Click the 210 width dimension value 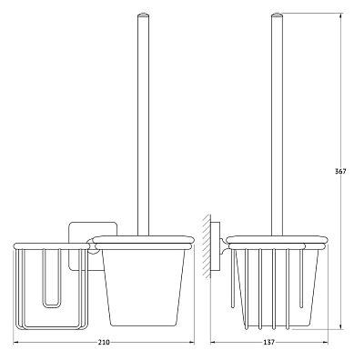pos(104,343)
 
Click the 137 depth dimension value pos(268,343)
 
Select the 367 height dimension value pos(340,171)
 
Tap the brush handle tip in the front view pos(144,15)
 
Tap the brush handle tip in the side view pos(277,15)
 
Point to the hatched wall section pos(207,246)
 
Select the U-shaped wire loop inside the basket pos(52,278)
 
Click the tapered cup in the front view pos(144,287)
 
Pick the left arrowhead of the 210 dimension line pos(16,343)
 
